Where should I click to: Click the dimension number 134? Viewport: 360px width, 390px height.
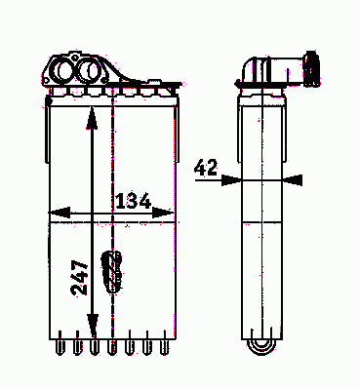[x=134, y=201]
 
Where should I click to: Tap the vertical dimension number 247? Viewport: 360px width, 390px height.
[x=80, y=278]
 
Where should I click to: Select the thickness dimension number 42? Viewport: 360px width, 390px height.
[x=206, y=168]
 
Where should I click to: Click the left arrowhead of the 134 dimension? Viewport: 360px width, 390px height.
[x=60, y=213]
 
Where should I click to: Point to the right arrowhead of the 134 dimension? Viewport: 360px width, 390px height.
[x=163, y=213]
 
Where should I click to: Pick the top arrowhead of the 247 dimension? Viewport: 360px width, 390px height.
[x=92, y=118]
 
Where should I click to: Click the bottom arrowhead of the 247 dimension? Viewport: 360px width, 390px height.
[x=93, y=326]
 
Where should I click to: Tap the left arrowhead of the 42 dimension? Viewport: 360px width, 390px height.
[x=231, y=179]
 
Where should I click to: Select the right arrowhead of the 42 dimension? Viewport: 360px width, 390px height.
[x=293, y=179]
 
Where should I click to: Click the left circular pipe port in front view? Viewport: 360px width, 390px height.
[x=63, y=71]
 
